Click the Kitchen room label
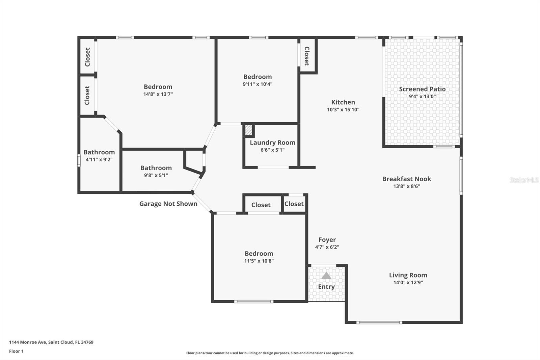click(343, 102)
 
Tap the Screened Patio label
click(422, 89)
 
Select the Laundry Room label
click(272, 143)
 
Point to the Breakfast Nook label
click(407, 179)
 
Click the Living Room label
click(408, 275)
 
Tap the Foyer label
click(327, 240)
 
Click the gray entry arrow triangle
click(326, 276)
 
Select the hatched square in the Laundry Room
click(248, 130)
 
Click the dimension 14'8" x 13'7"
click(158, 94)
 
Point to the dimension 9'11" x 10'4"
click(258, 84)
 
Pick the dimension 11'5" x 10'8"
click(259, 261)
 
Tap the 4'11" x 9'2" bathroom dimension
click(99, 159)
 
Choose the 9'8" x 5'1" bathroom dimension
click(156, 175)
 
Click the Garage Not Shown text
click(168, 204)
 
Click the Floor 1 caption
click(17, 351)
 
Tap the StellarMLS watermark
click(524, 180)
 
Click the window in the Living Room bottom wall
click(379, 323)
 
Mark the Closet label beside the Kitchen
click(307, 56)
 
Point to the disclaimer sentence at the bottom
click(270, 353)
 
